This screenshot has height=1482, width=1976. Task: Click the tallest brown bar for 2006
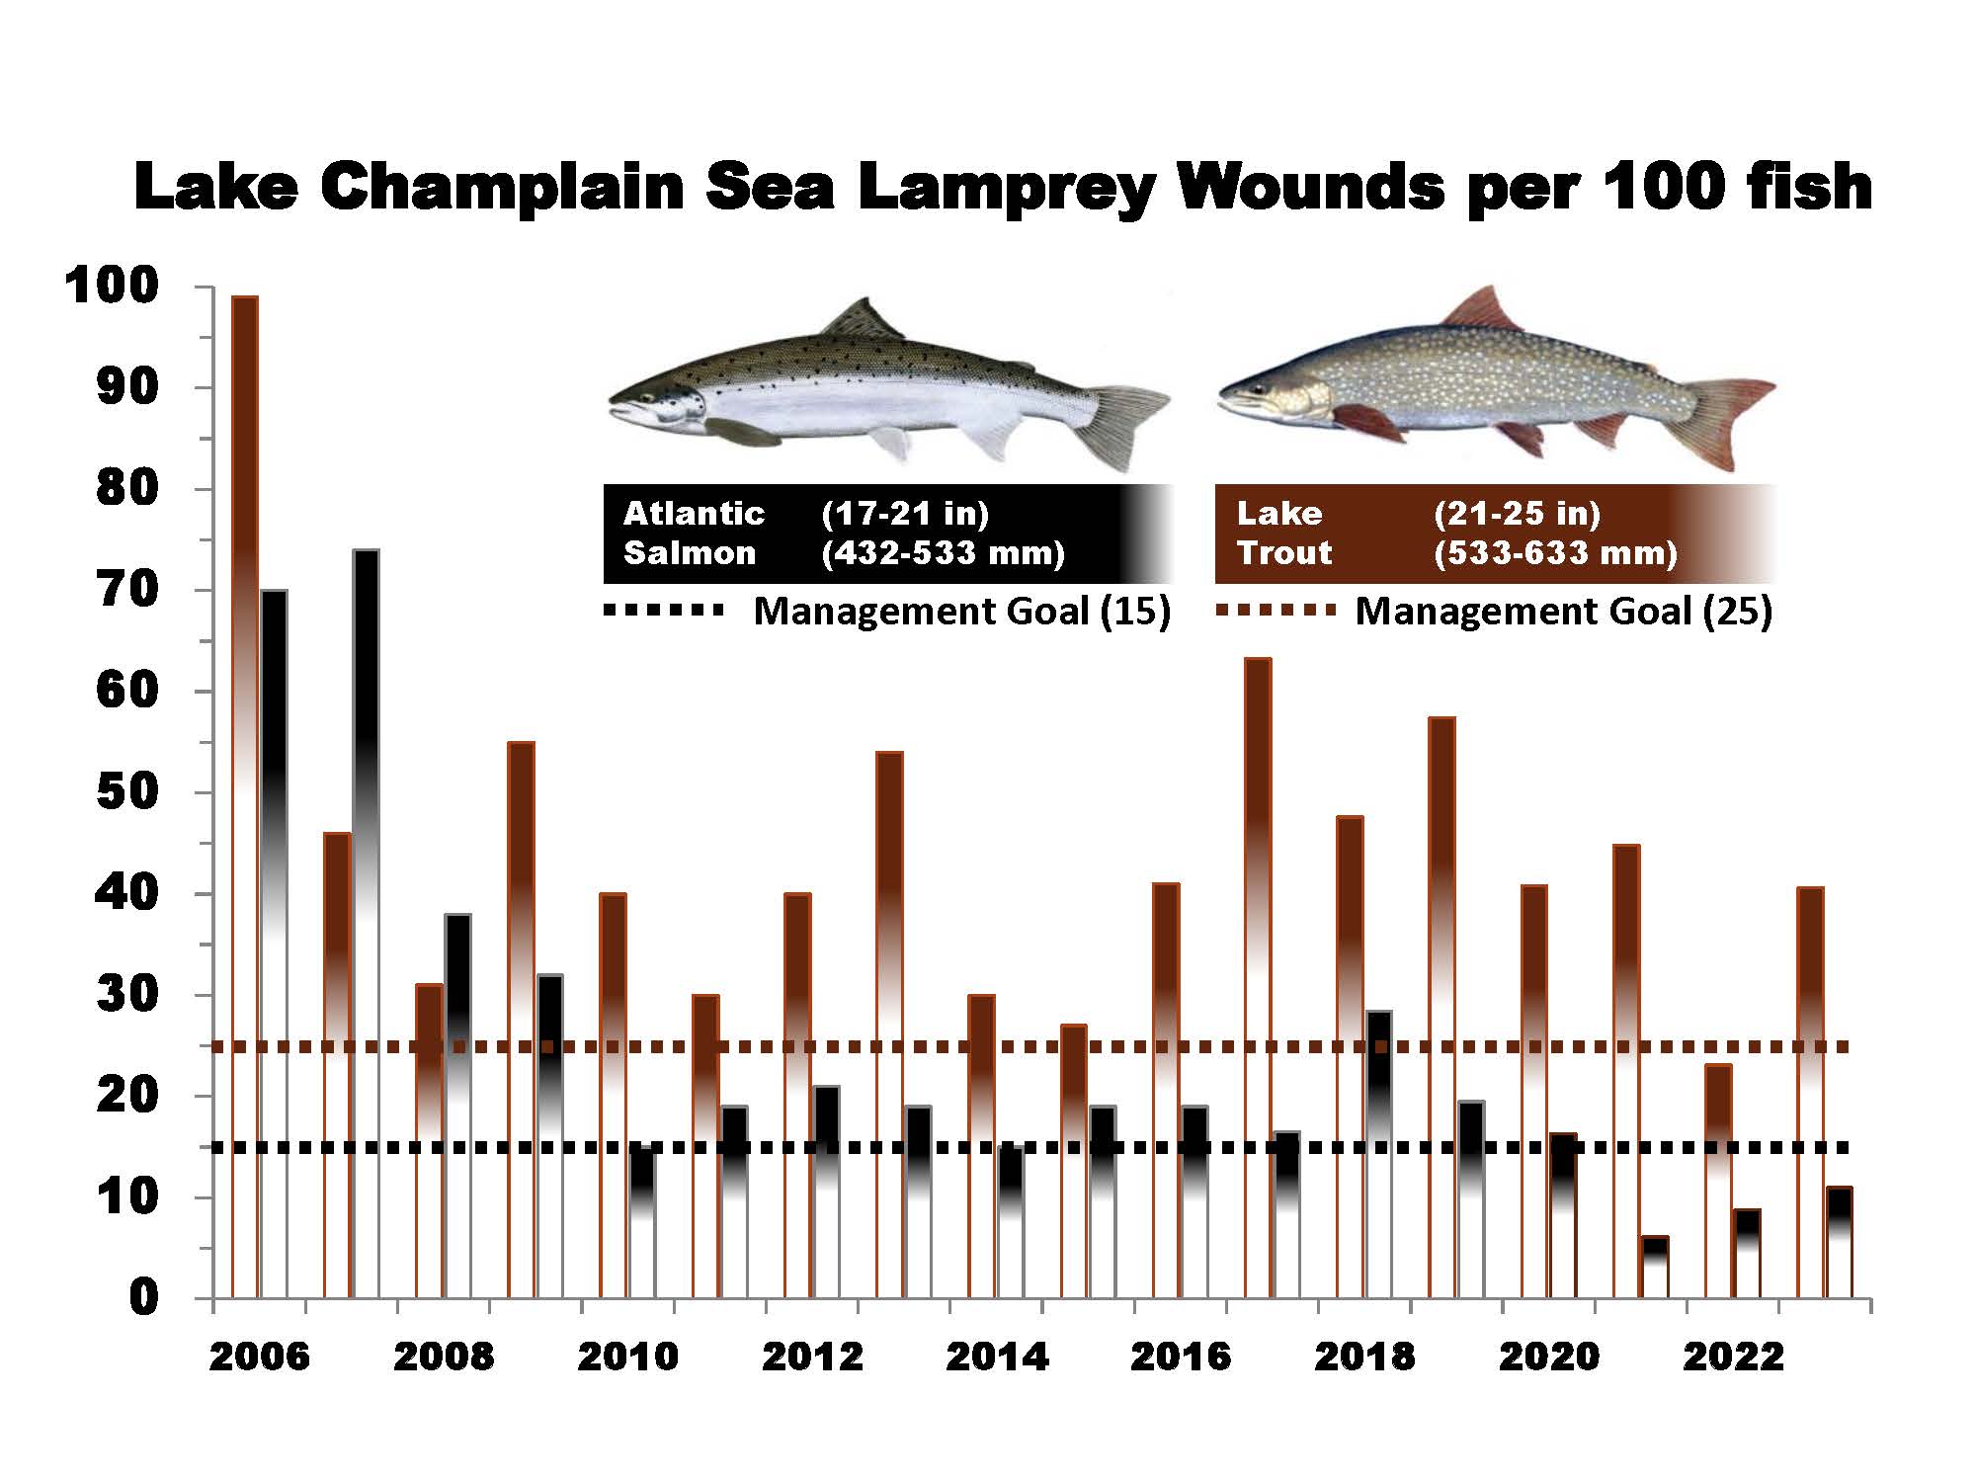pyautogui.click(x=244, y=692)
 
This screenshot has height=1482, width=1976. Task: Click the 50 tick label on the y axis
pyautogui.click(x=128, y=792)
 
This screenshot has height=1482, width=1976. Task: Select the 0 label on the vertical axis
pyautogui.click(x=143, y=1297)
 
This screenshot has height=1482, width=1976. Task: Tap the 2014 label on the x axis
pyautogui.click(x=996, y=1357)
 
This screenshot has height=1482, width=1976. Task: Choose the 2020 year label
pyautogui.click(x=1548, y=1357)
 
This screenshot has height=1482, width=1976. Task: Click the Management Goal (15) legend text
pyautogui.click(x=961, y=612)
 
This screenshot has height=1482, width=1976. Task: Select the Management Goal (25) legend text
pyautogui.click(x=1563, y=612)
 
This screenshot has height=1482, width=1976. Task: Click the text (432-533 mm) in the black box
pyautogui.click(x=943, y=553)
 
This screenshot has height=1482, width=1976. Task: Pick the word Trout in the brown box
pyautogui.click(x=1284, y=553)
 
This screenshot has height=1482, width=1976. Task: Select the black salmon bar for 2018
pyautogui.click(x=1378, y=1087)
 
